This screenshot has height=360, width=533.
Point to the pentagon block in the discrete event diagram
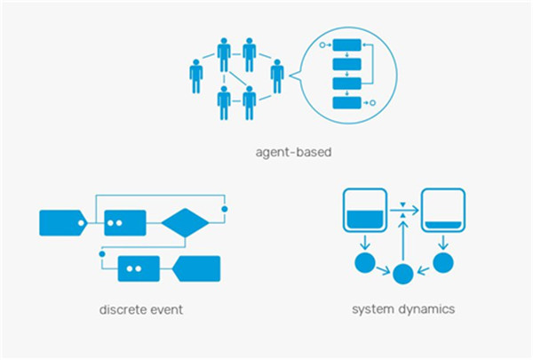[x=195, y=268]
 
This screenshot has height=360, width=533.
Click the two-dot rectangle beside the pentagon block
[x=139, y=268]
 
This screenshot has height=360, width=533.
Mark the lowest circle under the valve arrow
[x=402, y=274]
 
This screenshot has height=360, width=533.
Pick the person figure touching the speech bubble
[x=277, y=76]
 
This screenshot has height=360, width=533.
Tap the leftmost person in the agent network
[x=196, y=76]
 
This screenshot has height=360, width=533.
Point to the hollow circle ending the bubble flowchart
[x=373, y=104]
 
